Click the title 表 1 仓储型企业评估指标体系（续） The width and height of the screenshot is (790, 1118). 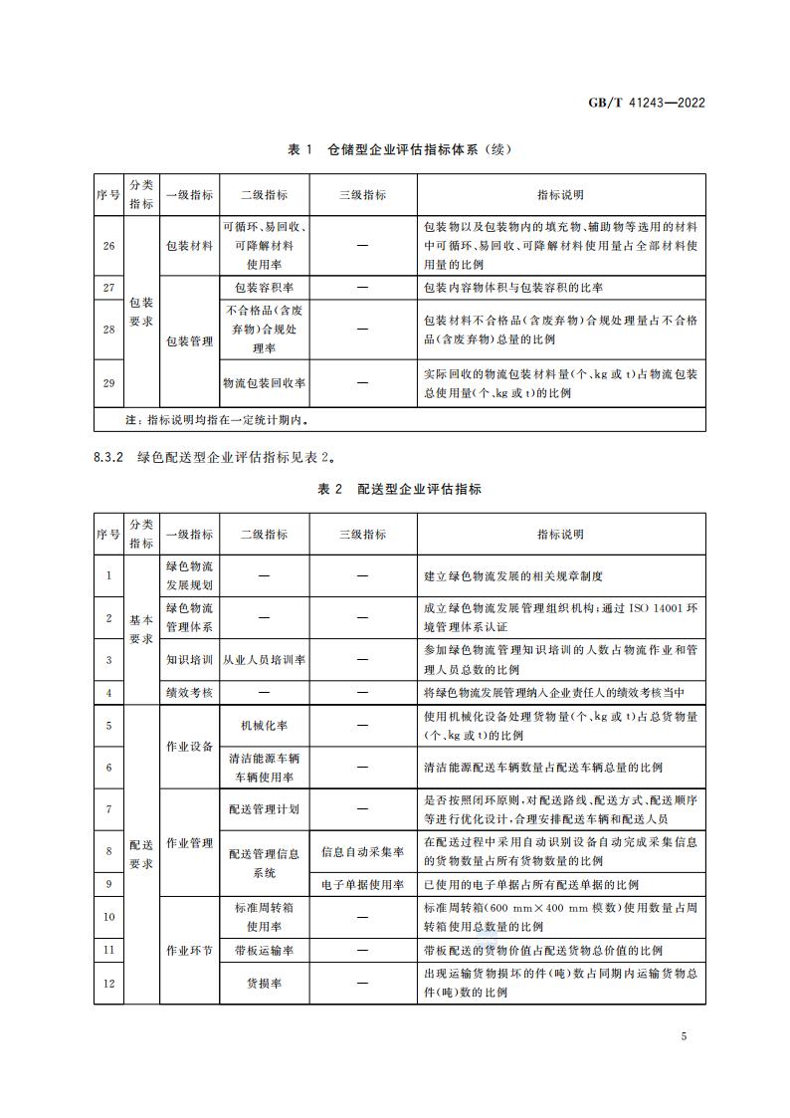398,149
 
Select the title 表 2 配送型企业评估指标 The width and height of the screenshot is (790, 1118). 398,489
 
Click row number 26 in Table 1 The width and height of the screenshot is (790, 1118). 108,245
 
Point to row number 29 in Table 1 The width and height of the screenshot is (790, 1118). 108,382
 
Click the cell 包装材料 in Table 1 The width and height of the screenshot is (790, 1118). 189,245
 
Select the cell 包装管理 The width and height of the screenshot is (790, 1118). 189,340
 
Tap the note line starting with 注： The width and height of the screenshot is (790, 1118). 209,420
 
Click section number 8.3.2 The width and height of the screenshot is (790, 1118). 106,458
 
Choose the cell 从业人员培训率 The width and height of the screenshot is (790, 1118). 264,659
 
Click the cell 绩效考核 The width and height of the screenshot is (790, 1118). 189,693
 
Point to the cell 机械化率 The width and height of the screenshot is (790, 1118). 264,726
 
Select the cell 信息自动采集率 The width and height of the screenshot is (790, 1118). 362,852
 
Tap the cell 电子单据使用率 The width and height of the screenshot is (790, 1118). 362,884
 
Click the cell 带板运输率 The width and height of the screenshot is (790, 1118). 264,950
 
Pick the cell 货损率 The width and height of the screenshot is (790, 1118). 264,984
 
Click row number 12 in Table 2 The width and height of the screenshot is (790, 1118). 108,984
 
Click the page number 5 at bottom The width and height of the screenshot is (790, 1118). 684,1037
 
